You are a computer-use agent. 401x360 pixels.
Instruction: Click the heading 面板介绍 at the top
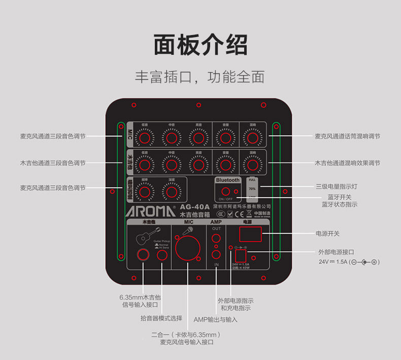(x=201, y=45)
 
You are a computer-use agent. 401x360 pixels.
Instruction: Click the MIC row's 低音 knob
(x=145, y=138)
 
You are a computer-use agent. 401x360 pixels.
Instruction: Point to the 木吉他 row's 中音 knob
(x=172, y=165)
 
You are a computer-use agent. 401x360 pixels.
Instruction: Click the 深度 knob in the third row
(x=172, y=191)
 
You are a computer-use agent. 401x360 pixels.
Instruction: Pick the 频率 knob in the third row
(x=145, y=191)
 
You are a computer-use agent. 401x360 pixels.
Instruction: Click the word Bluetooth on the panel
(x=227, y=180)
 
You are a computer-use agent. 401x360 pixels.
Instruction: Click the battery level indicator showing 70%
(x=252, y=188)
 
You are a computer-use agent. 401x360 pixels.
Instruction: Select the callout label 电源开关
(x=327, y=234)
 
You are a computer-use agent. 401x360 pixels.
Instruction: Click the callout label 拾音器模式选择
(x=161, y=318)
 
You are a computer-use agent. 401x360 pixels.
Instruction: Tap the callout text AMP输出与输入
(x=216, y=320)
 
